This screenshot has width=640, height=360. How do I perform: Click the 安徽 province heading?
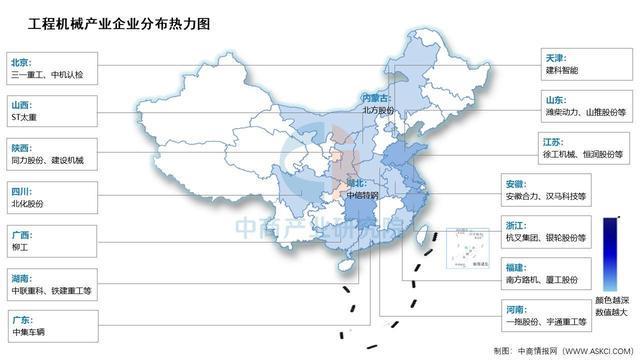(x=515, y=184)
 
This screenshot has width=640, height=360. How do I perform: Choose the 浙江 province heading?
(x=515, y=226)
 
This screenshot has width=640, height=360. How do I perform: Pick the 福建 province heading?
(x=515, y=267)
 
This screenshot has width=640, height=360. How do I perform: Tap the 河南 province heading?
(x=515, y=309)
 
